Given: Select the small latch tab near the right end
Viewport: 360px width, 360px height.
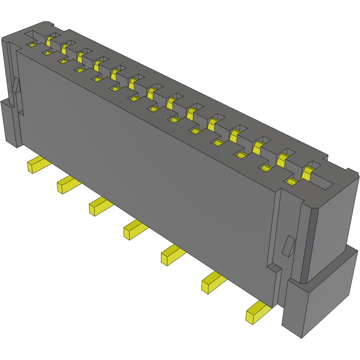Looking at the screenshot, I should coord(289,246).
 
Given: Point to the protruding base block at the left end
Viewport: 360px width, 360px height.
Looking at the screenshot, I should coord(9,124).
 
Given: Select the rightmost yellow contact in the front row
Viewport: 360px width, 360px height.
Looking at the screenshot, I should coord(292,181).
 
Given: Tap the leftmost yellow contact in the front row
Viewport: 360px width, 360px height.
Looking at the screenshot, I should coord(31,44).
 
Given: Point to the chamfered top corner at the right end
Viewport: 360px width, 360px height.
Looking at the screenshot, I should coord(353,173).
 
